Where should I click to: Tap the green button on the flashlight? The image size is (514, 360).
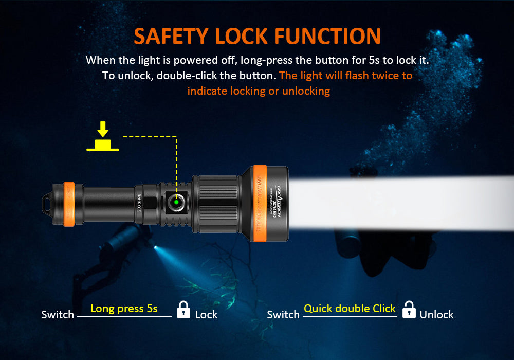coord(176,202)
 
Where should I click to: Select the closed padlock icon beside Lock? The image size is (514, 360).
coord(183,310)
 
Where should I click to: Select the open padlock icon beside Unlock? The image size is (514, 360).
coord(409,310)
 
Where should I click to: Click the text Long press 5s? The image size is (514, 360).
coord(124,309)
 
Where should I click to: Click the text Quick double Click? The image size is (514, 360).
coord(350,309)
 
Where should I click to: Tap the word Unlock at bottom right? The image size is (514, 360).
coord(436,314)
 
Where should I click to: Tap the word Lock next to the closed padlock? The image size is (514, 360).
coord(206,314)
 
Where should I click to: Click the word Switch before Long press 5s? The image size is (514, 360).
coord(58,314)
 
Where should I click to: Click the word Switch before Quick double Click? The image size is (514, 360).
coord(283,314)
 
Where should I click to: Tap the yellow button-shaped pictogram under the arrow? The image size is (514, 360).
coord(103,146)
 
